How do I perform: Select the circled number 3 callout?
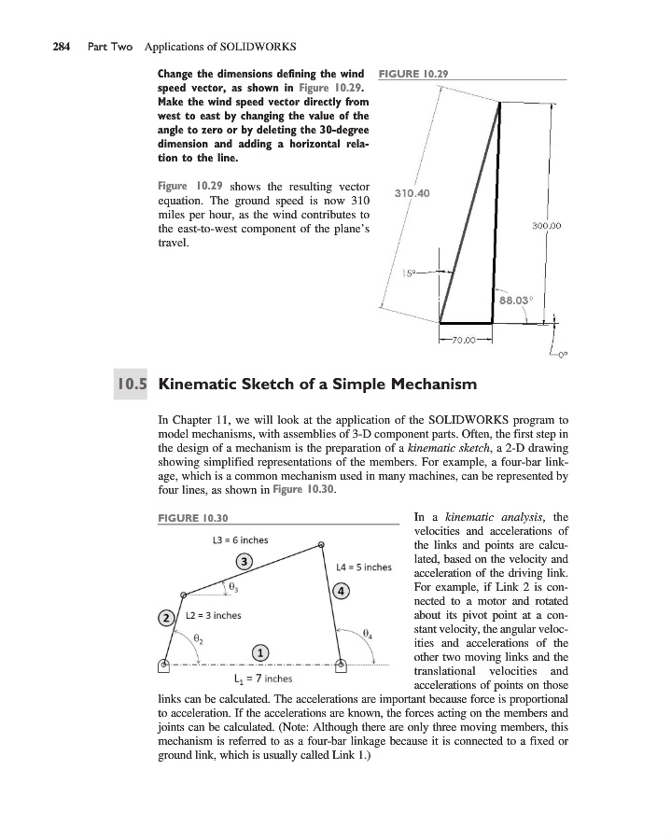tap(245, 561)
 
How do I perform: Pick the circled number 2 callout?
tap(166, 617)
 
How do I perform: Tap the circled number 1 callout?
tap(262, 651)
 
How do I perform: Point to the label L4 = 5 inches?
tap(362, 566)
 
